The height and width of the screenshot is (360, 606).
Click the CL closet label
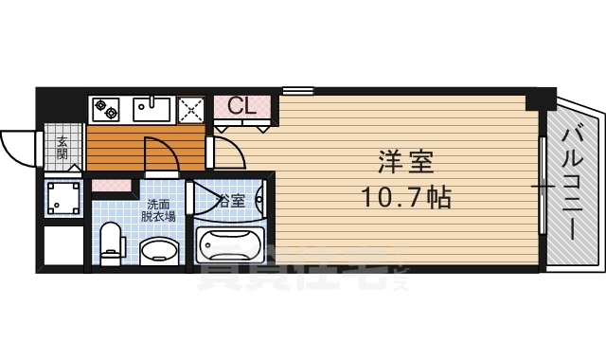(x=241, y=105)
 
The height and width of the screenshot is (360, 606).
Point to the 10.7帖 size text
(x=405, y=198)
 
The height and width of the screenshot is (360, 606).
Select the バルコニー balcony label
(x=573, y=185)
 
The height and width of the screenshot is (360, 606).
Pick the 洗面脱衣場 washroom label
(x=158, y=209)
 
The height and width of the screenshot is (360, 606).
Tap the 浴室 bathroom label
(x=232, y=201)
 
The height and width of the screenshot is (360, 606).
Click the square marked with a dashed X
(x=192, y=110)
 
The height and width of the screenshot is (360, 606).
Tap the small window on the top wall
(x=297, y=91)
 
